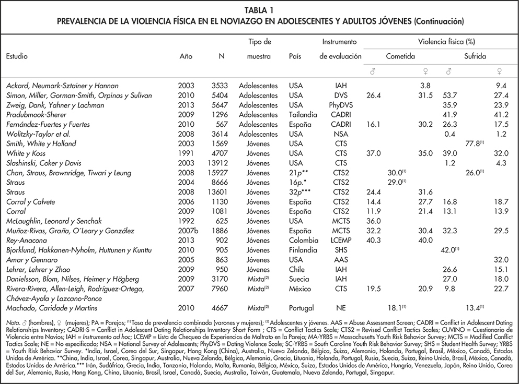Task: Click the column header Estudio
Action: [x=17, y=55]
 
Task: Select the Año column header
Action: [x=186, y=55]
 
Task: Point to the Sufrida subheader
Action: [x=476, y=55]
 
